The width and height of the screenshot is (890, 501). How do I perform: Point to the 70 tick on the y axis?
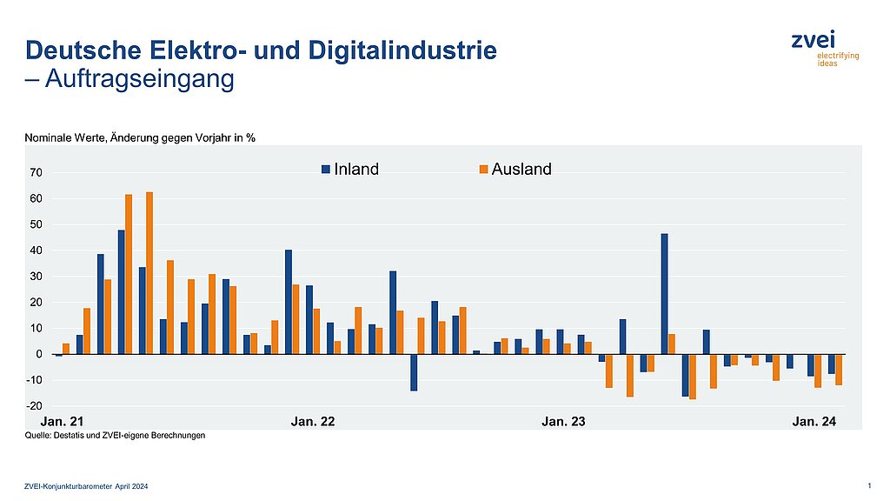pyautogui.click(x=36, y=173)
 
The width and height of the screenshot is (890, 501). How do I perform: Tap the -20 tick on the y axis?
pyautogui.click(x=34, y=406)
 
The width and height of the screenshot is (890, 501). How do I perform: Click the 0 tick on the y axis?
pyautogui.click(x=39, y=355)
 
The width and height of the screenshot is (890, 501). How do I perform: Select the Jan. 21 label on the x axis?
pyautogui.click(x=63, y=422)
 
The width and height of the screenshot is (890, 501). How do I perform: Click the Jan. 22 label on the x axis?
pyautogui.click(x=313, y=422)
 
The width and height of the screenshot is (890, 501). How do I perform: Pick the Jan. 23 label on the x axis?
pyautogui.click(x=563, y=422)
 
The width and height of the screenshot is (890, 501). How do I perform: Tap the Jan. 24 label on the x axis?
pyautogui.click(x=814, y=422)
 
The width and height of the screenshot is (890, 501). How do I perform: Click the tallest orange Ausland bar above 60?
pyautogui.click(x=149, y=273)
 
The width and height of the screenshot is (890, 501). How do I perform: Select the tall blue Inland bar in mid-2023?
pyautogui.click(x=664, y=294)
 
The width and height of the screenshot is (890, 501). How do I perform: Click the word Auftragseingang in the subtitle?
pyautogui.click(x=138, y=79)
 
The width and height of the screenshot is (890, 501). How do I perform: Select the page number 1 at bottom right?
pyautogui.click(x=870, y=484)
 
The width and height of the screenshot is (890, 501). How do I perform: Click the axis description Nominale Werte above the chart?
pyautogui.click(x=139, y=137)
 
